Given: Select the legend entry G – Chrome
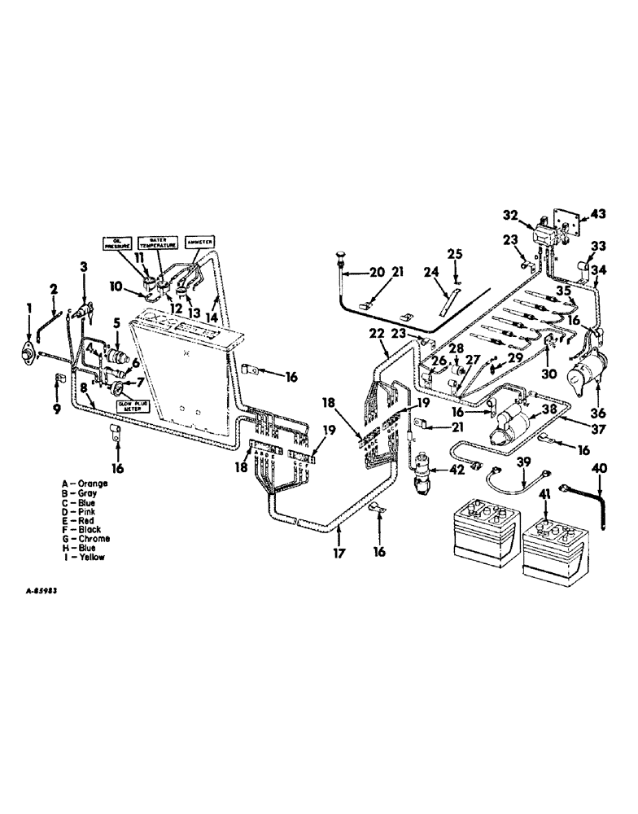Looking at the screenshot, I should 90,539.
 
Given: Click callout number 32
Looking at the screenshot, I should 509,217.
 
